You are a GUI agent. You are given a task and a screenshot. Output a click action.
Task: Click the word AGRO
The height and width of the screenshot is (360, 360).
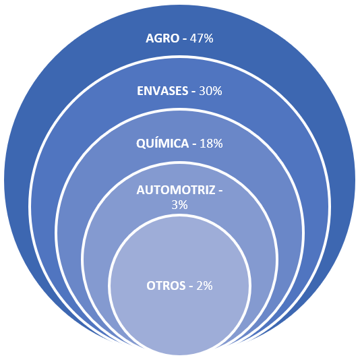click(162, 38)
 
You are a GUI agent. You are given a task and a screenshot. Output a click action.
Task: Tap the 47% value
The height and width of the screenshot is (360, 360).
click(202, 38)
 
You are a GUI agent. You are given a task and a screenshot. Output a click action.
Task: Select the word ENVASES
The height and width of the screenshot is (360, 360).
click(162, 91)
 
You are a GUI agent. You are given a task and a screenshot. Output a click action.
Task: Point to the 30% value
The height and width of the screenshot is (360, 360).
click(210, 91)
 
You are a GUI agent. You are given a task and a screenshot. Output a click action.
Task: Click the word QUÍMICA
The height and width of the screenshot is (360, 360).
click(162, 144)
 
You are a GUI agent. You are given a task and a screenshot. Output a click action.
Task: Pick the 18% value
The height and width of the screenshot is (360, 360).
click(211, 144)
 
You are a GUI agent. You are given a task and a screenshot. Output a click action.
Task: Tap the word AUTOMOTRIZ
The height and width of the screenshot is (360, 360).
click(176, 190)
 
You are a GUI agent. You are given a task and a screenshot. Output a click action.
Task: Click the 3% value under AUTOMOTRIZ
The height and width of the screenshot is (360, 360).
click(179, 204)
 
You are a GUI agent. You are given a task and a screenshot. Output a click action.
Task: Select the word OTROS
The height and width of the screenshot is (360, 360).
click(166, 286)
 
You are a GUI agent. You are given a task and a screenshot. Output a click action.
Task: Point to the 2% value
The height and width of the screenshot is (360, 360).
click(204, 286)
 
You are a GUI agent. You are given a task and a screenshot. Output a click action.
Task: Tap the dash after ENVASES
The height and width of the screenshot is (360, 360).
click(193, 92)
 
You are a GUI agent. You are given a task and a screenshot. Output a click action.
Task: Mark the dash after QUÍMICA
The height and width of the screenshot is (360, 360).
click(194, 145)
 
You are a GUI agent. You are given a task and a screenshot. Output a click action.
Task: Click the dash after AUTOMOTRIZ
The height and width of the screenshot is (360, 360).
click(220, 191)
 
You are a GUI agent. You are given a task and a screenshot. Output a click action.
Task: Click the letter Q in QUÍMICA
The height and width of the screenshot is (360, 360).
click(141, 144)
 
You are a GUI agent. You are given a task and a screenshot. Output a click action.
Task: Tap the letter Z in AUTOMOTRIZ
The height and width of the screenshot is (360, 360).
click(212, 190)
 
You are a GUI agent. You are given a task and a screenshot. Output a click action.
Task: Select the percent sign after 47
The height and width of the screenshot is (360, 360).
click(208, 38)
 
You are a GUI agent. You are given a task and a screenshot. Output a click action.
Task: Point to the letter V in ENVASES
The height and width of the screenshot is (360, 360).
click(156, 91)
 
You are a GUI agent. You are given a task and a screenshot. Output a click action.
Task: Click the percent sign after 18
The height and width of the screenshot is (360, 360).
click(218, 144)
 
